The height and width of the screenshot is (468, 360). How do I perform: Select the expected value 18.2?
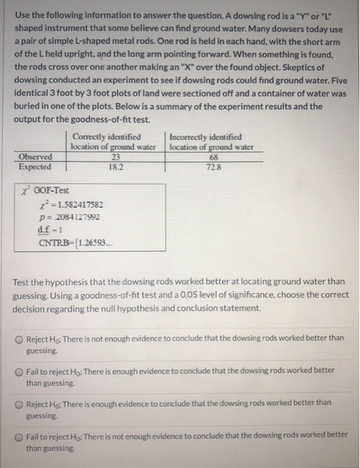coord(113,165)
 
